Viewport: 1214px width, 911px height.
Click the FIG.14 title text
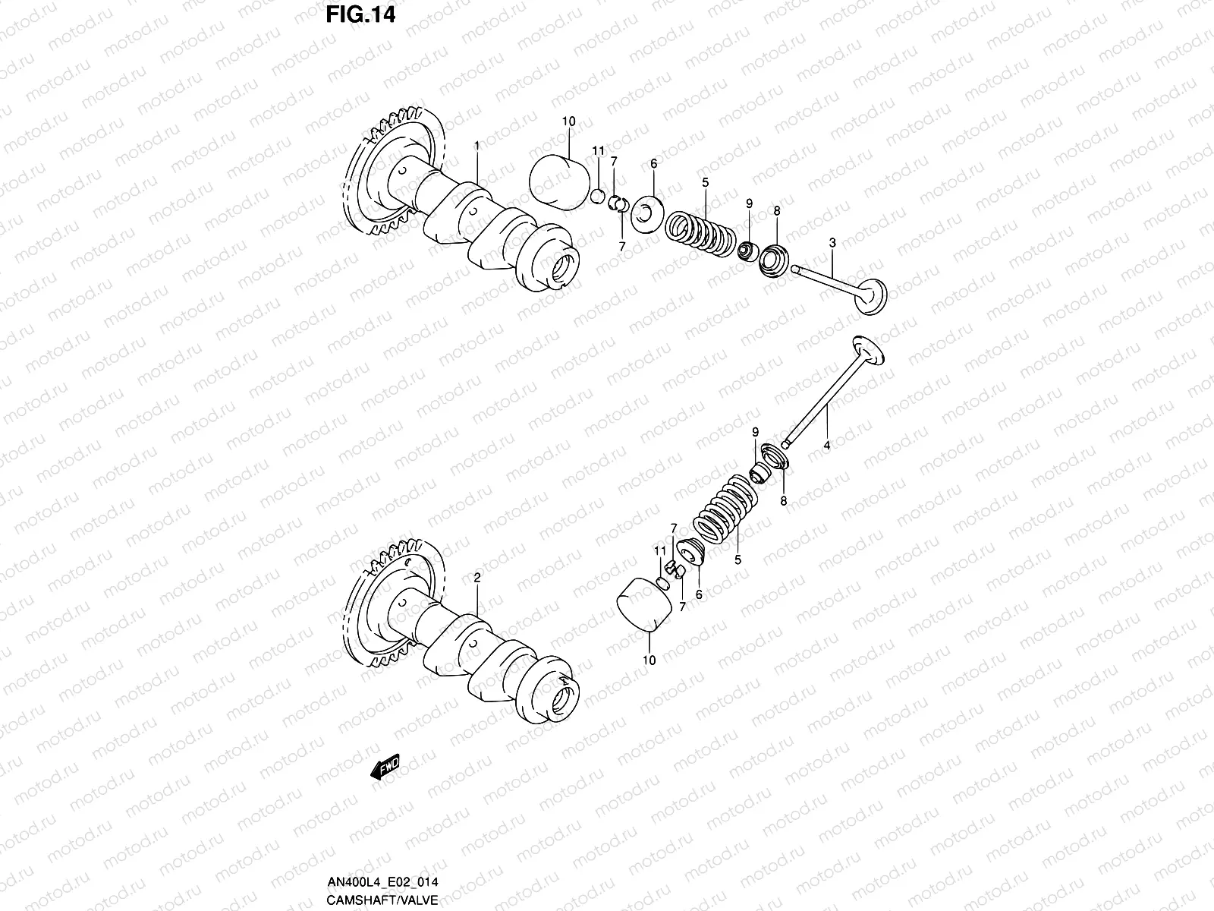tap(361, 16)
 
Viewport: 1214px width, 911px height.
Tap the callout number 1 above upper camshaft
tap(476, 144)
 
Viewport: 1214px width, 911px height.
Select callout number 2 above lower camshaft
tap(476, 578)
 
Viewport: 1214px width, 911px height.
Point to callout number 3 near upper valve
tap(832, 243)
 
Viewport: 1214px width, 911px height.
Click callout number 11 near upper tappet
tap(598, 150)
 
